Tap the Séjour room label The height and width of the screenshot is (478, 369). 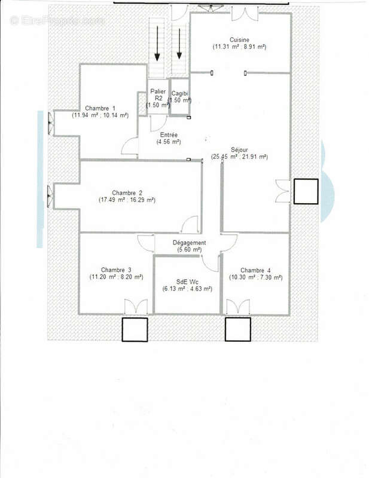239,149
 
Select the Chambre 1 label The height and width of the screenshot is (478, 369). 100,108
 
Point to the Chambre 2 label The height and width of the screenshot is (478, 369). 127,192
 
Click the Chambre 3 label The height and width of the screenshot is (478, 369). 116,269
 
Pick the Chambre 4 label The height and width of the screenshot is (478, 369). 255,269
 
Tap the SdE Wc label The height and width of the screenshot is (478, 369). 187,281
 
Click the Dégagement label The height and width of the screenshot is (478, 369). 190,243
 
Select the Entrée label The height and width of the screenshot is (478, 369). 169,135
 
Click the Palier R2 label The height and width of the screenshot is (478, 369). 158,94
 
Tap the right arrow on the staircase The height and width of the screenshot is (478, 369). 178,45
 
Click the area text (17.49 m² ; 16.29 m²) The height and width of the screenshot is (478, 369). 127,200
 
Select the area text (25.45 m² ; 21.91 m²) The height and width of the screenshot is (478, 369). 239,157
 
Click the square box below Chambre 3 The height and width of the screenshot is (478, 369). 135,329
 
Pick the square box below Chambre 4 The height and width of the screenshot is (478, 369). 237,329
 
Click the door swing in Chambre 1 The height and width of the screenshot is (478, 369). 130,146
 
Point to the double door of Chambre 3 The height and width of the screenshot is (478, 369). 136,307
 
